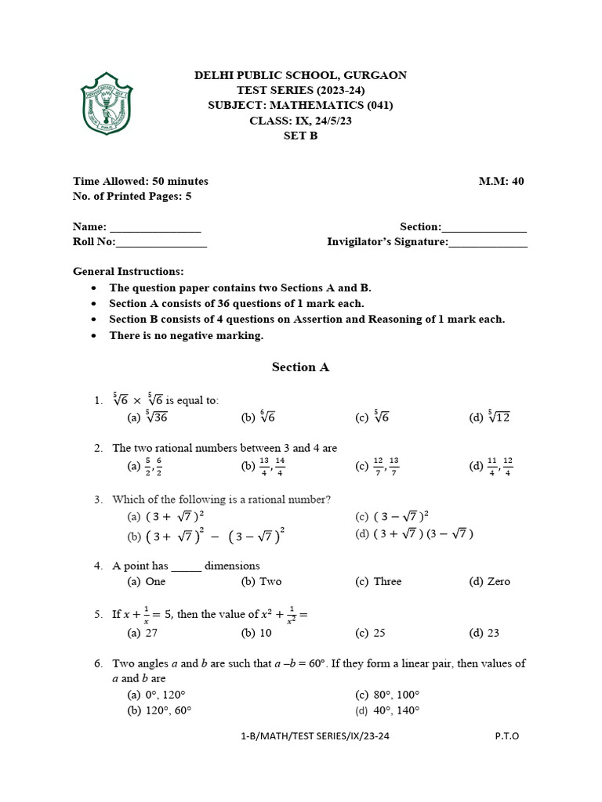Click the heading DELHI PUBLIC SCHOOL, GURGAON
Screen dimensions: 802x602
click(300, 75)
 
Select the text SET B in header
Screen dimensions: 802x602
click(300, 135)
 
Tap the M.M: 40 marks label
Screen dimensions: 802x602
click(501, 181)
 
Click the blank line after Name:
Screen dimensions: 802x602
click(155, 228)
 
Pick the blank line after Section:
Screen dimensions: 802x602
click(484, 228)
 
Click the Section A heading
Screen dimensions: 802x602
click(300, 367)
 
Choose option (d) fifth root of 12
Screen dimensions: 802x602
click(490, 417)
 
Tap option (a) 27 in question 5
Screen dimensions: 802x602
click(143, 633)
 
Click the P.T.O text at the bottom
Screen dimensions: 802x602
click(507, 736)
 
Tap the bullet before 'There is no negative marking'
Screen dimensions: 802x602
click(94, 336)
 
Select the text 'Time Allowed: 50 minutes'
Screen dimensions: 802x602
click(140, 181)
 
